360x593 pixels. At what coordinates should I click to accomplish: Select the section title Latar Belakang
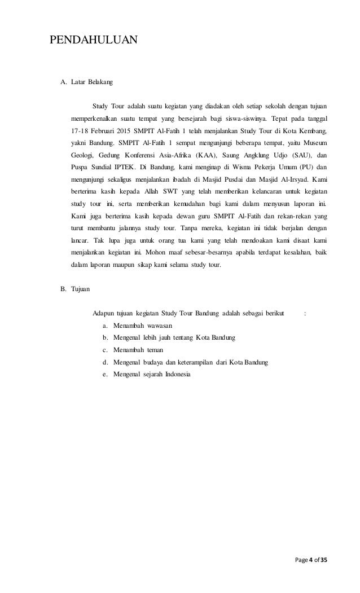(x=91, y=82)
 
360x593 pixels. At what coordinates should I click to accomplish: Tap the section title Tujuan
(x=82, y=289)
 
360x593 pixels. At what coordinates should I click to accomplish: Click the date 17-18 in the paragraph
(x=81, y=131)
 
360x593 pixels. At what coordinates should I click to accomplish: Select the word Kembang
(x=312, y=131)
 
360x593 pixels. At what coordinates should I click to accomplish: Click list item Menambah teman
(x=138, y=350)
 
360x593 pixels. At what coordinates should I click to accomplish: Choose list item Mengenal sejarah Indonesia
(x=152, y=374)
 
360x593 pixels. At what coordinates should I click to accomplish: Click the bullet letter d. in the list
(x=106, y=362)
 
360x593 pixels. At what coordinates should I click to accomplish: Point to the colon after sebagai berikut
(x=305, y=314)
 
